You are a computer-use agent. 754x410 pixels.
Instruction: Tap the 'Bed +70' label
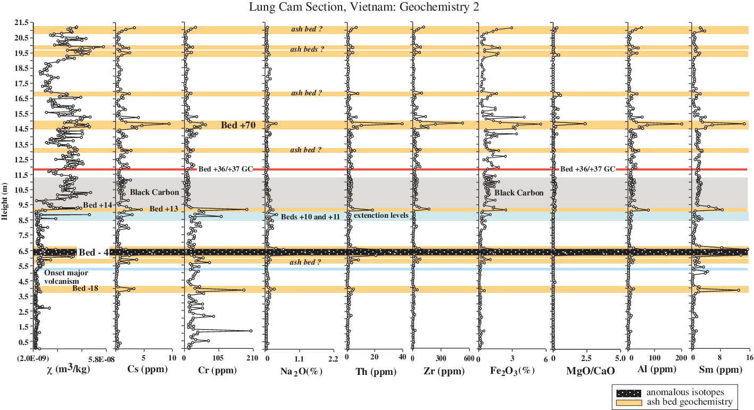[239, 126]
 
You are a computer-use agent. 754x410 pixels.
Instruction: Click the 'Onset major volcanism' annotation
[65, 277]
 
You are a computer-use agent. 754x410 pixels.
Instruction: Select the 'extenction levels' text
[381, 215]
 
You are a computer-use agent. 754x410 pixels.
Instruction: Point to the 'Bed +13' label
[163, 209]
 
